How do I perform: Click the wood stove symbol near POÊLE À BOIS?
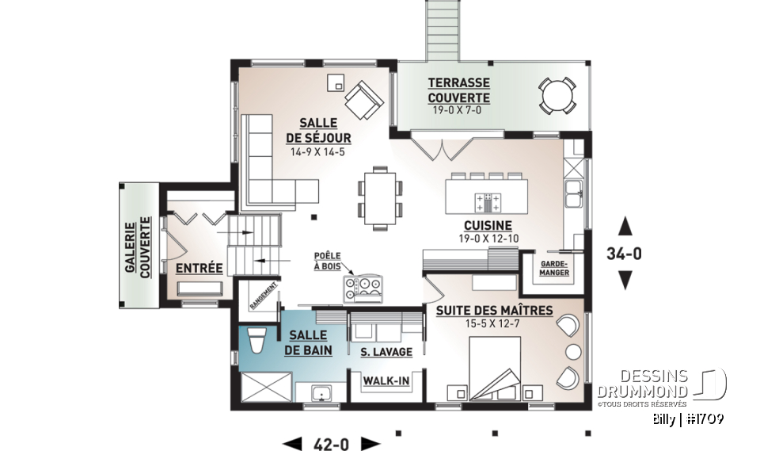click(365, 287)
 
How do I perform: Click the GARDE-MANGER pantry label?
click(554, 268)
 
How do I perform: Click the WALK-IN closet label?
click(386, 383)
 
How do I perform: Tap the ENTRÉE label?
click(199, 268)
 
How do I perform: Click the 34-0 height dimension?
click(625, 254)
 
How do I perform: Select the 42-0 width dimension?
click(332, 443)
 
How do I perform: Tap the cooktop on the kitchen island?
click(484, 200)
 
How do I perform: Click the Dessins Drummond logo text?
click(643, 384)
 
